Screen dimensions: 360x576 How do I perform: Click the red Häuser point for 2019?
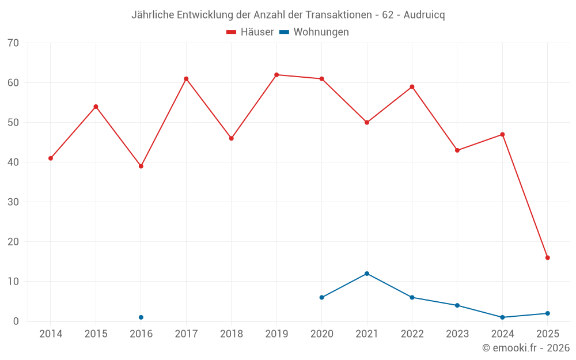click(276, 75)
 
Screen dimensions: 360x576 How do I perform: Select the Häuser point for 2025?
click(548, 257)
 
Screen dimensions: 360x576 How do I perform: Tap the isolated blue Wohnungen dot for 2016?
click(141, 317)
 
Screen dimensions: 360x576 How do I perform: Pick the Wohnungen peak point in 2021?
click(367, 274)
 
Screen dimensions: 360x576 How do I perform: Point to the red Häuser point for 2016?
click(141, 166)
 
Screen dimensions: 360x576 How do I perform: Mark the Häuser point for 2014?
click(51, 158)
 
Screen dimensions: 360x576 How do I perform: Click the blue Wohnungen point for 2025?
click(548, 313)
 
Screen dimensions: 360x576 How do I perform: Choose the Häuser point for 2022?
click(412, 87)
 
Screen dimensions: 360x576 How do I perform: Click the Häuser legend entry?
click(250, 32)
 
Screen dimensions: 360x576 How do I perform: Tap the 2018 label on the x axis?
click(232, 334)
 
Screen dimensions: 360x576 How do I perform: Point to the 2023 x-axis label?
click(457, 334)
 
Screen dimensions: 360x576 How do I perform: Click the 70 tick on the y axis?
click(13, 43)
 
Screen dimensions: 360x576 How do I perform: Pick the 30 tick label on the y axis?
click(13, 202)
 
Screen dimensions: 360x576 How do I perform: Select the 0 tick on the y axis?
click(16, 321)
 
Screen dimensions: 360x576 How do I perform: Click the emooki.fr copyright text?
click(526, 348)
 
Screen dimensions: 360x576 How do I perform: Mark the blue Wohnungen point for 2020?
click(321, 297)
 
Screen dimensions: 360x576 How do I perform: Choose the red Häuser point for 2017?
click(186, 79)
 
